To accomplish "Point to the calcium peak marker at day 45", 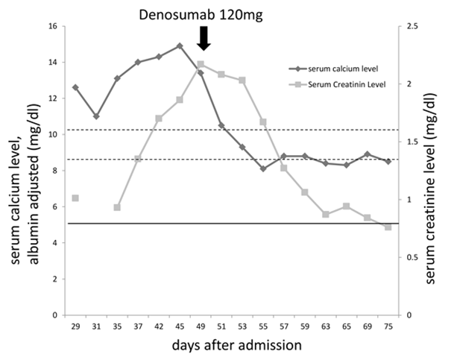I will tap(180, 45).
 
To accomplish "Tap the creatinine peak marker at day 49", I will tap(201, 64).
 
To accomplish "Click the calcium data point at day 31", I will tap(96, 116).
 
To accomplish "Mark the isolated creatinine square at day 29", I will tap(75, 198).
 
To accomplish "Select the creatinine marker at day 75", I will tap(388, 227).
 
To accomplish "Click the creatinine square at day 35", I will tap(117, 207).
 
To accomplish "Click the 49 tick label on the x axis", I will tap(201, 325).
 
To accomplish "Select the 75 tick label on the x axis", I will tap(388, 325).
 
